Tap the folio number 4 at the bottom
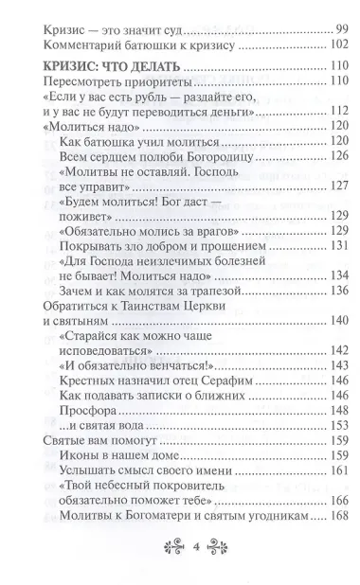pyautogui.click(x=180, y=546)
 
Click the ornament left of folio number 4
pyautogui.click(x=152, y=546)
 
